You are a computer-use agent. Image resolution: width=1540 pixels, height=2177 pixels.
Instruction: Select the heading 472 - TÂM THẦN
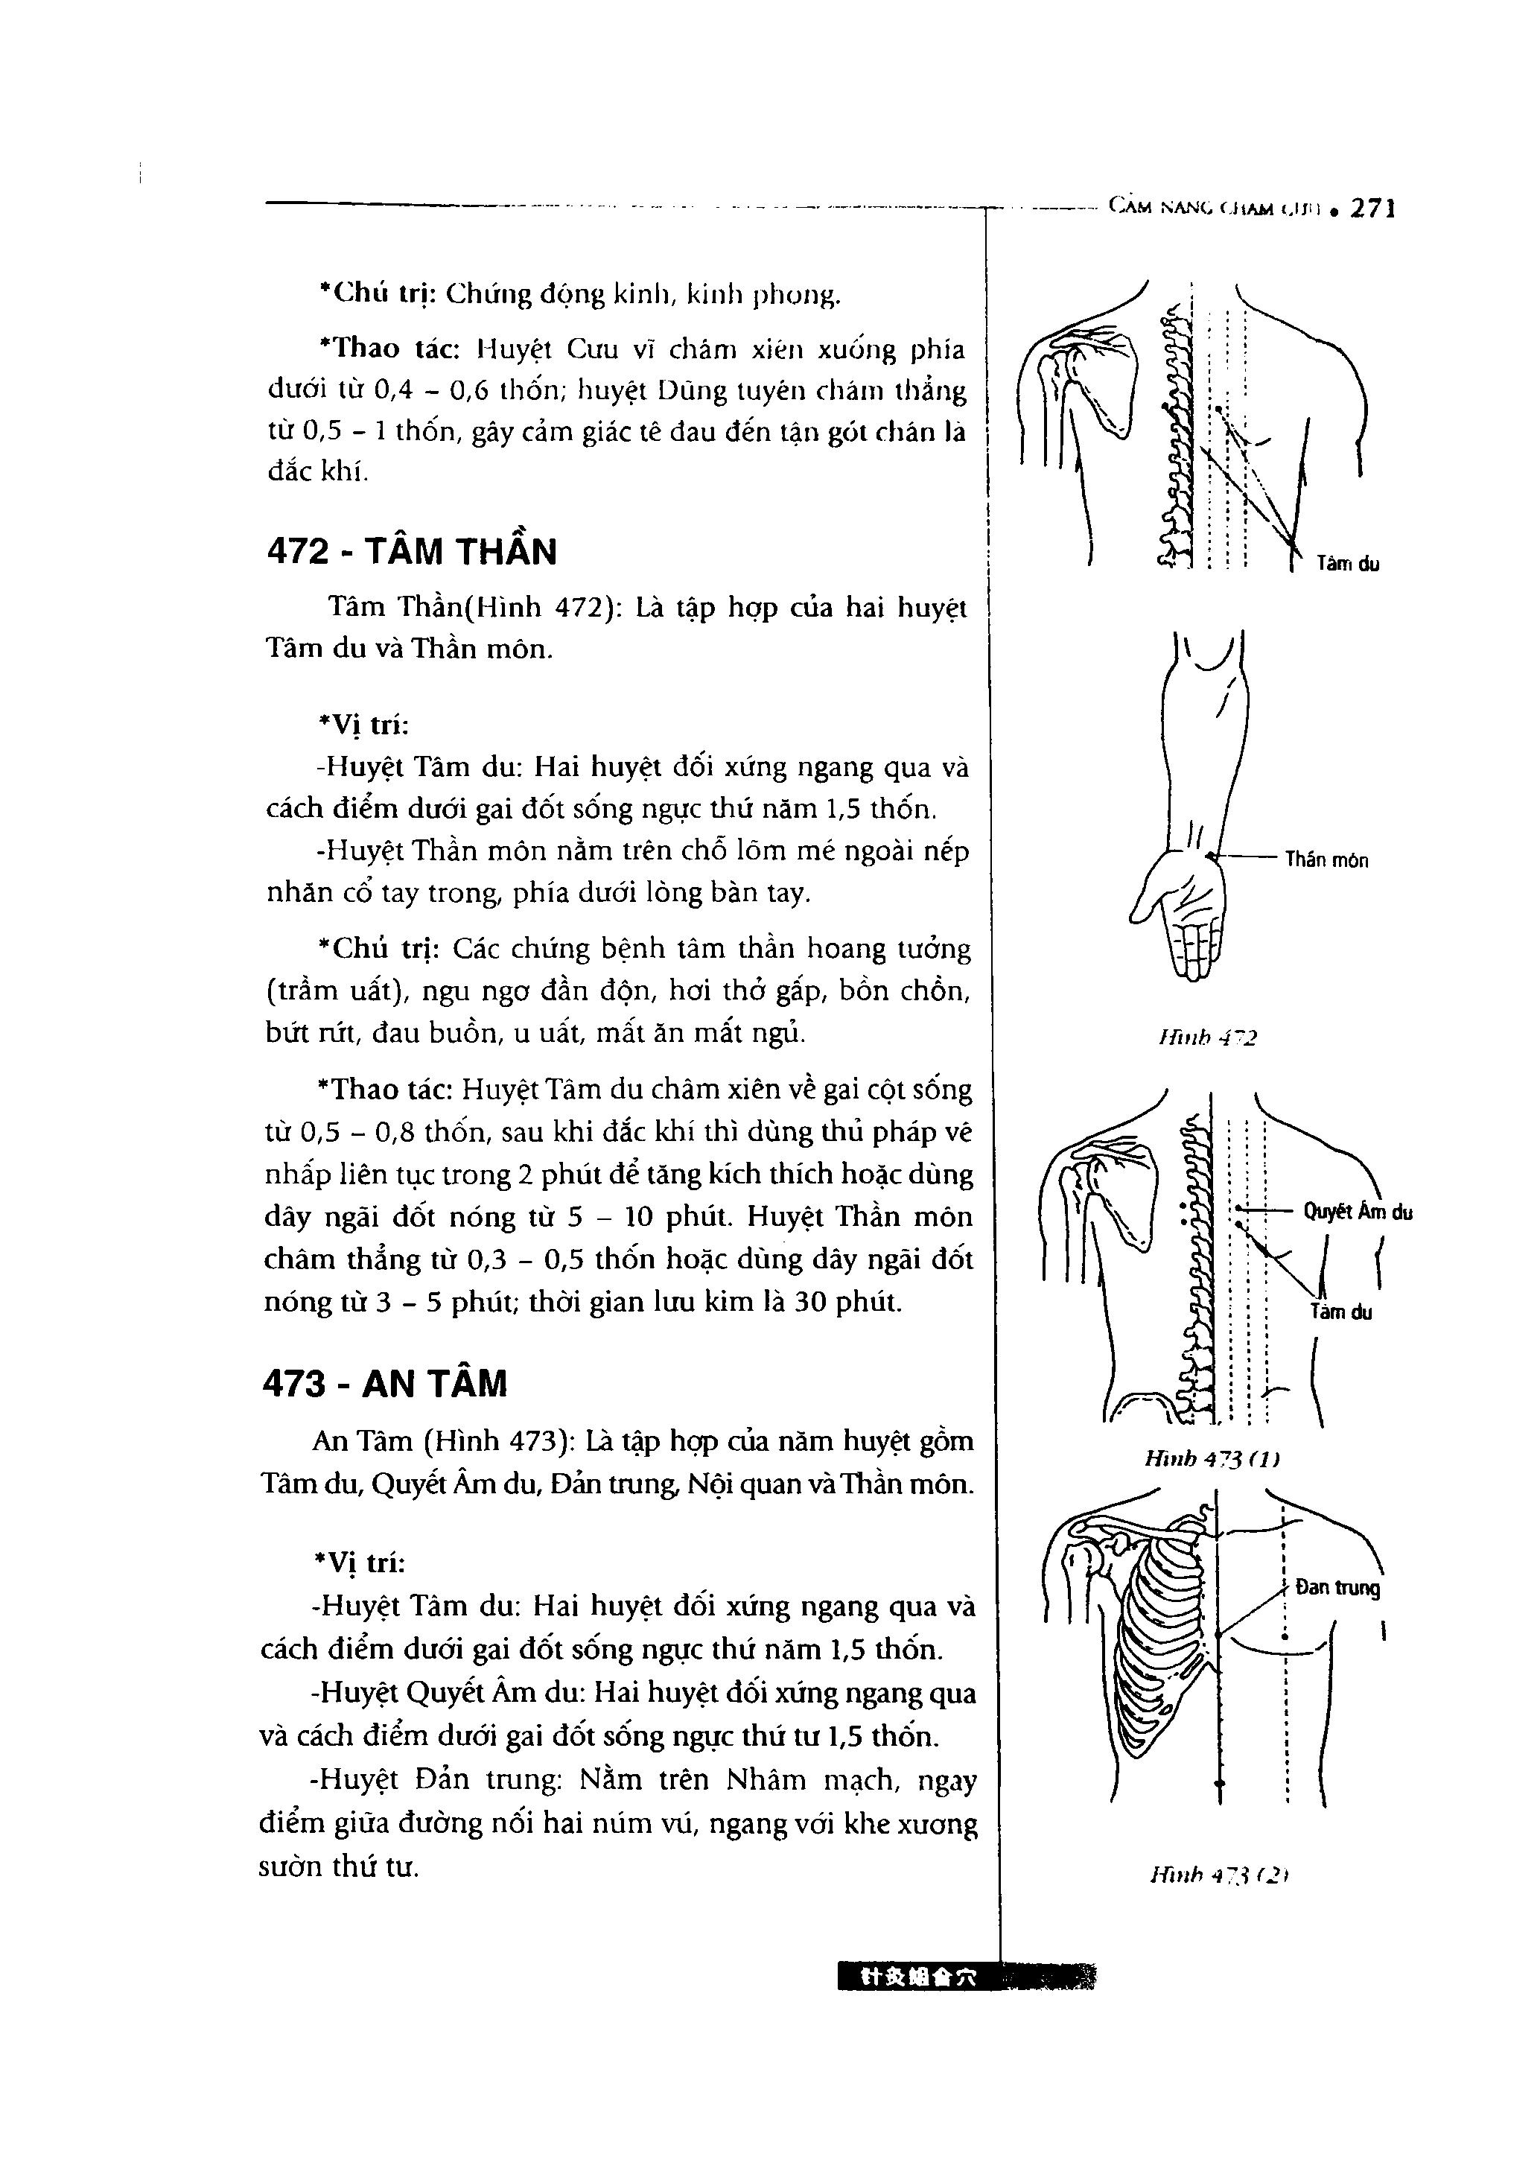[412, 552]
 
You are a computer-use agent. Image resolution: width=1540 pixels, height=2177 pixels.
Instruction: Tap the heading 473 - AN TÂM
[384, 1385]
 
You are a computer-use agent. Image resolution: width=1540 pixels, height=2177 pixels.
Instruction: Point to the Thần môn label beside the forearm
[1326, 861]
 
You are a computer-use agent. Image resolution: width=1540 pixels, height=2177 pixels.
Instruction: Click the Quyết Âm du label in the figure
[1357, 1212]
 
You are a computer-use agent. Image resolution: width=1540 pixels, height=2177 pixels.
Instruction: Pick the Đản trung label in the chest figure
[1337, 1587]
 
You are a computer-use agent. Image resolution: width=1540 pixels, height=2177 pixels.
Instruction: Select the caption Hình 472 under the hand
[1207, 1038]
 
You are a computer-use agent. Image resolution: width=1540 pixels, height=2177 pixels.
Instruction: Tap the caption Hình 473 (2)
[1218, 1875]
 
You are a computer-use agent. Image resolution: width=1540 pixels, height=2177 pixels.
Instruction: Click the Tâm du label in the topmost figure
[1348, 564]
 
